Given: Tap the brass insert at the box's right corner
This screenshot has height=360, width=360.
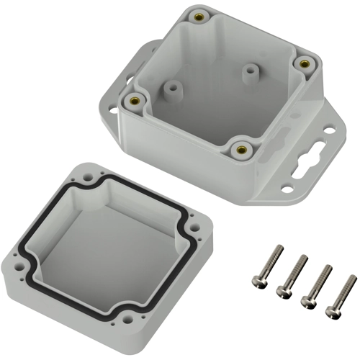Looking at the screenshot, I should point(305,63).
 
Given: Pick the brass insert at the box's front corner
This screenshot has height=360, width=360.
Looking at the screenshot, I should point(240,149).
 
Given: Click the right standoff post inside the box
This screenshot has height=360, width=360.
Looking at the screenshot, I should point(250,72).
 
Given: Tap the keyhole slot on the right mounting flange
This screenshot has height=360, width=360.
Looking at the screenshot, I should point(312,156).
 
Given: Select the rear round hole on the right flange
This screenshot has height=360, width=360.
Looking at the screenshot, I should point(328,131).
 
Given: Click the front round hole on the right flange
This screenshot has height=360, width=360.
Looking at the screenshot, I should point(287,189).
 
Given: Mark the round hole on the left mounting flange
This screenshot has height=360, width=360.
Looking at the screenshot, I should point(112,111).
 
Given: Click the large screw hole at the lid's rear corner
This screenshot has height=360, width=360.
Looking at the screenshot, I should point(87,174).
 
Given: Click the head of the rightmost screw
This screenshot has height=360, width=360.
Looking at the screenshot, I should point(332,312).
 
